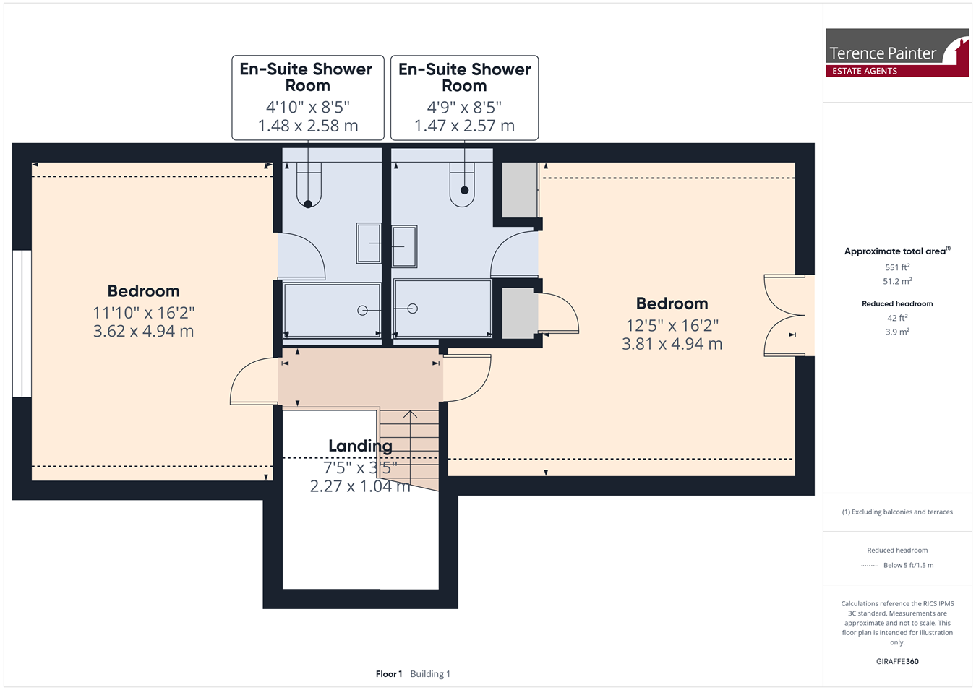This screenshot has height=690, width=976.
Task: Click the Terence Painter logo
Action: coord(897,53)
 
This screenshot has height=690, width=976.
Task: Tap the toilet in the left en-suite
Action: coord(309,185)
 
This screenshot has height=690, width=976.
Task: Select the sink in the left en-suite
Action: coord(369,243)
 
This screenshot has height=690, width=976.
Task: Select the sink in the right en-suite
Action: coord(404,246)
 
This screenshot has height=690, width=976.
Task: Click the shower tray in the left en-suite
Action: coord(332,310)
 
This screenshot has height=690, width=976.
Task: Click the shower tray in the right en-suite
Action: coord(442,309)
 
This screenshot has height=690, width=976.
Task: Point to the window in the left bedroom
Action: coord(22,324)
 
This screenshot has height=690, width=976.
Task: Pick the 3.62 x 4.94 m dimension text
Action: coord(143,332)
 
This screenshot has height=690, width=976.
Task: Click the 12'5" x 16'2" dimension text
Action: coord(672,325)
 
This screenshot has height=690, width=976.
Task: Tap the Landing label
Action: coord(360,446)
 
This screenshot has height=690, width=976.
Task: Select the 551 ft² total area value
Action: coord(897,267)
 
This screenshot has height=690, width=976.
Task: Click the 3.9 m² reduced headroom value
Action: coord(897,332)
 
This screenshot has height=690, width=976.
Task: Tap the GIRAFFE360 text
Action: coord(897,661)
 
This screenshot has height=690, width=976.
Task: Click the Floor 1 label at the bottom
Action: coord(389,674)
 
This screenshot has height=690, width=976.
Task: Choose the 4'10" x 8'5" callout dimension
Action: coord(307,107)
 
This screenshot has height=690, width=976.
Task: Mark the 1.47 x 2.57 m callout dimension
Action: coord(464,126)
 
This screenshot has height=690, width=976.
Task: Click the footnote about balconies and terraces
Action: coord(897,512)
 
